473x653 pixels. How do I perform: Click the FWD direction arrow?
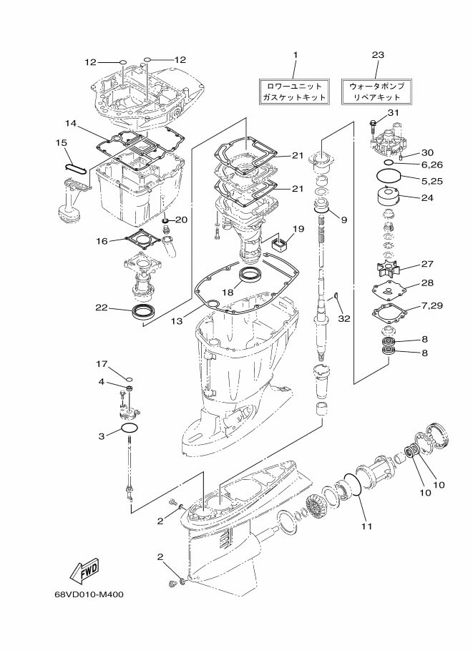coord(84,570)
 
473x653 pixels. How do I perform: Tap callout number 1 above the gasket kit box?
coord(295,55)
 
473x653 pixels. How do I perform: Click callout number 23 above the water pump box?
coord(378,55)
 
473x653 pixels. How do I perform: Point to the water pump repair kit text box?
coord(376,91)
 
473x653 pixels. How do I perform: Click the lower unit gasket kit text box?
coord(293,91)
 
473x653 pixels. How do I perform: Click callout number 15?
coord(62,143)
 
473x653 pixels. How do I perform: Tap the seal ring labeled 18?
coord(251,276)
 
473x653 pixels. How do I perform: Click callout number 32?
coord(345,319)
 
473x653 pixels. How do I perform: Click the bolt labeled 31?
coord(373,127)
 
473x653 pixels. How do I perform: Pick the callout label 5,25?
coord(433,182)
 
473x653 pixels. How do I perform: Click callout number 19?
coord(298,229)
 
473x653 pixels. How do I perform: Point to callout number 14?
coord(70,123)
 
